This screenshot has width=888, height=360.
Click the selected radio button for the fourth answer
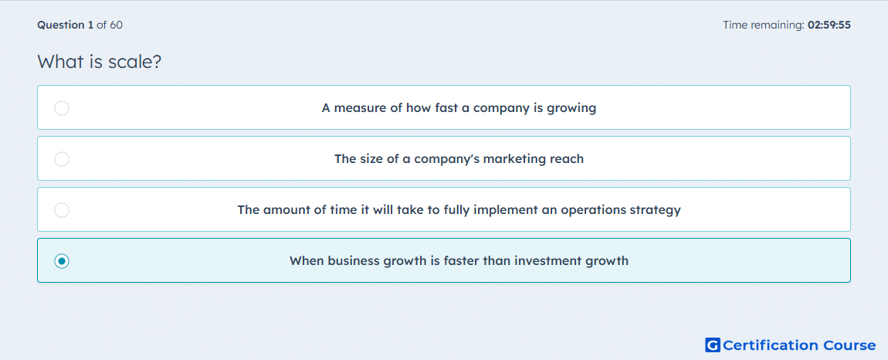coord(62,261)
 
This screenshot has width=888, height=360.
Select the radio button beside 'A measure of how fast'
coord(62,107)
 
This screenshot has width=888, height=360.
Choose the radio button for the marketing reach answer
coord(62,158)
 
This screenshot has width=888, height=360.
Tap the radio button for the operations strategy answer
coord(62,210)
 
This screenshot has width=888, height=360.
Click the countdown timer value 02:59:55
coord(829,25)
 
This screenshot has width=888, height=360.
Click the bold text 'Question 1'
coord(65,25)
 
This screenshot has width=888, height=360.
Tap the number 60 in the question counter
coord(116,25)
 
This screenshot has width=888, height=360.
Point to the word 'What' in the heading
coord(60,62)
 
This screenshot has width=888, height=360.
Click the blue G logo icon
coord(713,345)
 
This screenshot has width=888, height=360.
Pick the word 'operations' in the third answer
coord(594,210)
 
